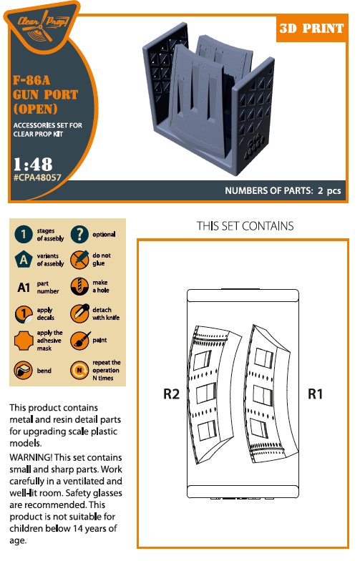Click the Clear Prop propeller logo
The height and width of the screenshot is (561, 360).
tap(43, 26)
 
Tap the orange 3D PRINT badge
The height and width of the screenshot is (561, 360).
tap(312, 29)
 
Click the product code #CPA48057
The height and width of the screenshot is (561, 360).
tap(37, 177)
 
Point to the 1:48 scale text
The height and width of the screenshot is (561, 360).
tap(33, 165)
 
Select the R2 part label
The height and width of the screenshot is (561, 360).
tap(171, 394)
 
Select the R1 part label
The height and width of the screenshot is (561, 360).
tap(315, 394)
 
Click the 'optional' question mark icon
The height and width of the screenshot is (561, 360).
tap(79, 235)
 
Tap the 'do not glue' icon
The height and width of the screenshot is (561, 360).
tap(79, 259)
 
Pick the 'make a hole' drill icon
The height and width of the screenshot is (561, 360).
tap(79, 286)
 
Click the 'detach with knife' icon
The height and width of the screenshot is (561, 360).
tap(79, 313)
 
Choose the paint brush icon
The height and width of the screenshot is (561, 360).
tap(79, 340)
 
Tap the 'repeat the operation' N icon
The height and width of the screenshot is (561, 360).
tap(79, 370)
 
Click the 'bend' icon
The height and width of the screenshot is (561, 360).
tap(23, 370)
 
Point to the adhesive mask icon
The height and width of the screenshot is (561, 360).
tap(24, 341)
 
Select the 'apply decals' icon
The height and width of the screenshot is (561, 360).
tap(24, 313)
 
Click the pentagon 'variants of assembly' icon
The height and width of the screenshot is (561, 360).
tap(24, 259)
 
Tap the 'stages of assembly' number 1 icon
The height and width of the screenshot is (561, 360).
tap(24, 235)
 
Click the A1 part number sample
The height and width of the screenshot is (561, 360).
tap(24, 288)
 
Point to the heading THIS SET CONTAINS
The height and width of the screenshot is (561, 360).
tap(245, 226)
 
